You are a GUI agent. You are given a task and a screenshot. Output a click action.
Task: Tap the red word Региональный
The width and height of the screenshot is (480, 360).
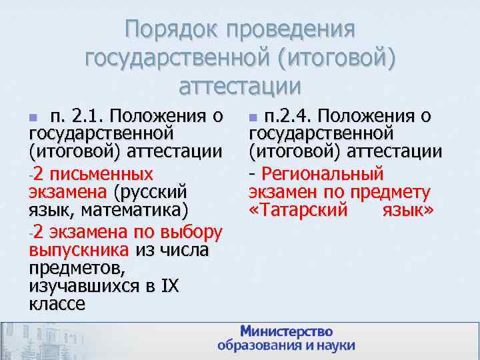[x=323, y=174]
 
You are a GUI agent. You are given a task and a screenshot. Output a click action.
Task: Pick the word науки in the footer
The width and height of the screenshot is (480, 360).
[x=333, y=346]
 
